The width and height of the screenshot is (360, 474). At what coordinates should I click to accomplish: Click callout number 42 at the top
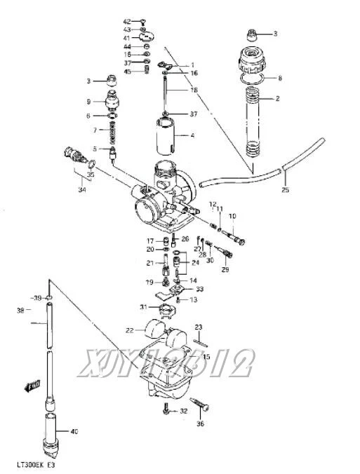tap(127, 22)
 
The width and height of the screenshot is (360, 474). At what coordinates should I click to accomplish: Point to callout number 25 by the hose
tap(285, 190)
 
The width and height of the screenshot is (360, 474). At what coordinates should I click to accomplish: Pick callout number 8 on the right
tap(280, 78)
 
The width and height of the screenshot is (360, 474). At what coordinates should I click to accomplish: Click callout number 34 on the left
tap(82, 189)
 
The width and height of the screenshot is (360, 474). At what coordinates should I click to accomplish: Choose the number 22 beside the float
tap(130, 330)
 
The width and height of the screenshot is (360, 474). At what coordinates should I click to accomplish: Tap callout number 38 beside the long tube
tap(20, 310)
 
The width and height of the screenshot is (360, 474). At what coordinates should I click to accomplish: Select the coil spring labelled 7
tap(109, 130)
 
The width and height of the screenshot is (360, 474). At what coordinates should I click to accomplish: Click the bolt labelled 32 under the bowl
tap(166, 411)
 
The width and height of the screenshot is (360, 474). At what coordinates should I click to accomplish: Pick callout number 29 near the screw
tap(225, 269)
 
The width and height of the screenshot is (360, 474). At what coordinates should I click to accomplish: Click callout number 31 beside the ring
tap(142, 307)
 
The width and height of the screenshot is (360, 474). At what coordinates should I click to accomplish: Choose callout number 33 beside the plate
tap(200, 289)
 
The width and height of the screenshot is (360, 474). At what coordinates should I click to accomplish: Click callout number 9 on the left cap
tap(88, 101)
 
